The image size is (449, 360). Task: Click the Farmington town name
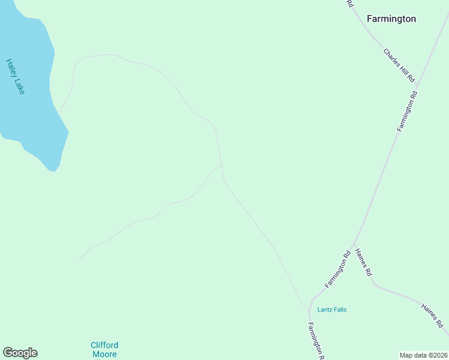[391, 19]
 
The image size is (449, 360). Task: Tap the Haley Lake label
[15, 76]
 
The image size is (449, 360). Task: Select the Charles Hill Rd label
[399, 65]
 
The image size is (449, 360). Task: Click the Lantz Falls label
[332, 310]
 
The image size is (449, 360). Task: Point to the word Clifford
[104, 345]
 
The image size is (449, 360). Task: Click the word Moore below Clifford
[104, 355]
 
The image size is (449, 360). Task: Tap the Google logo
[20, 353]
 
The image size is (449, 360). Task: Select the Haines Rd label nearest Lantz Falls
[364, 262]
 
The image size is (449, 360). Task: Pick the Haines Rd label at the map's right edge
[432, 316]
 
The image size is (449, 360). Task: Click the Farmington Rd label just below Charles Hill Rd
[406, 112]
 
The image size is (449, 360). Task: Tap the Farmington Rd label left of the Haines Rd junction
[338, 270]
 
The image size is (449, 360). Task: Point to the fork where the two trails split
[222, 165]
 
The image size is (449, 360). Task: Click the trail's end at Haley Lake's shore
[59, 112]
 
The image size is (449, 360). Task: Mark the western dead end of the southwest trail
[80, 259]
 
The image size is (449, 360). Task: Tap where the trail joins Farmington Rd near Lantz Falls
[309, 311]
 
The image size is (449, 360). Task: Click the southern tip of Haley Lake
[53, 171]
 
